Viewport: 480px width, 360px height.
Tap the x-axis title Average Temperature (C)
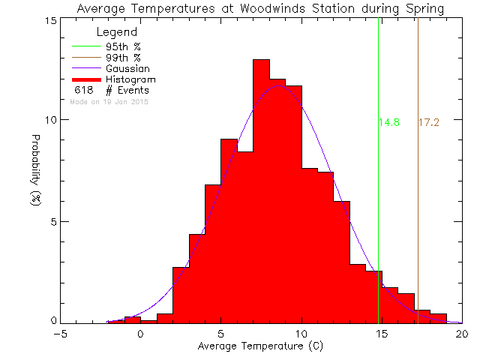(x=261, y=346)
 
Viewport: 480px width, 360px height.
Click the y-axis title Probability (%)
(x=35, y=171)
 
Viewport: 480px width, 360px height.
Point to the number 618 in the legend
(x=82, y=91)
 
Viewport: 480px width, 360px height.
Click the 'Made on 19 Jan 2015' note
(x=109, y=101)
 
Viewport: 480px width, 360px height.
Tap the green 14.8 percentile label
(x=388, y=122)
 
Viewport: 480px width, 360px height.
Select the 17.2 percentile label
(x=428, y=122)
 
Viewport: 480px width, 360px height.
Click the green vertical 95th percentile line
(x=379, y=187)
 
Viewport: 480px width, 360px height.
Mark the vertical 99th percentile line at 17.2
(x=418, y=187)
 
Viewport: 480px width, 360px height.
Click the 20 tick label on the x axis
(x=463, y=334)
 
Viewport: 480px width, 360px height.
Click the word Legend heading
(x=117, y=33)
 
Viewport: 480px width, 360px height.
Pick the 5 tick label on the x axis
(x=221, y=334)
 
